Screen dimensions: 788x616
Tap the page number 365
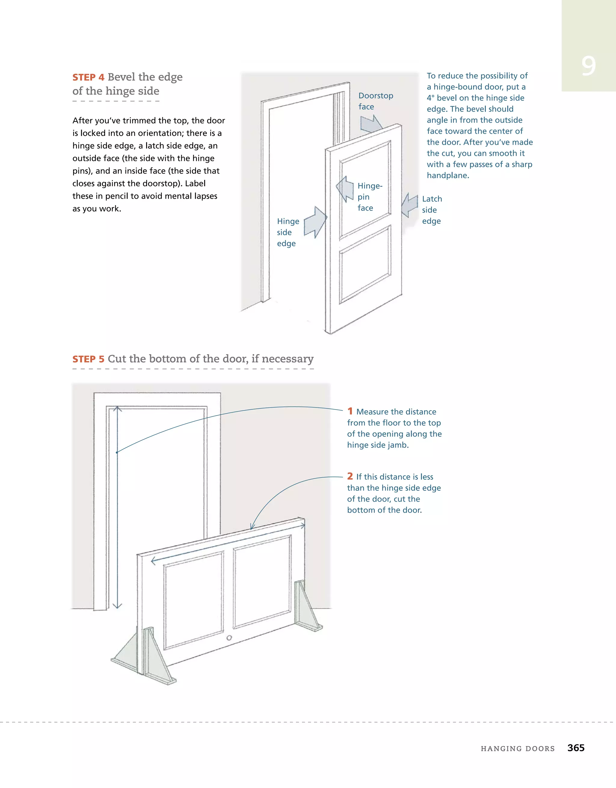[576, 748]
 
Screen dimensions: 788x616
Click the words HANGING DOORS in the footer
[517, 748]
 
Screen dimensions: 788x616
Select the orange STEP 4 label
[88, 77]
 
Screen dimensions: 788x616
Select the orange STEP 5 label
[88, 359]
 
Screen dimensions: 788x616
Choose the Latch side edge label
[432, 210]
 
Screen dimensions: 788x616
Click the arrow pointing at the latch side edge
[410, 206]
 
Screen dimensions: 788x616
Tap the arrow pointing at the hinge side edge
[315, 222]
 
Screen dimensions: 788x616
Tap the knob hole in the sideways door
[229, 638]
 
